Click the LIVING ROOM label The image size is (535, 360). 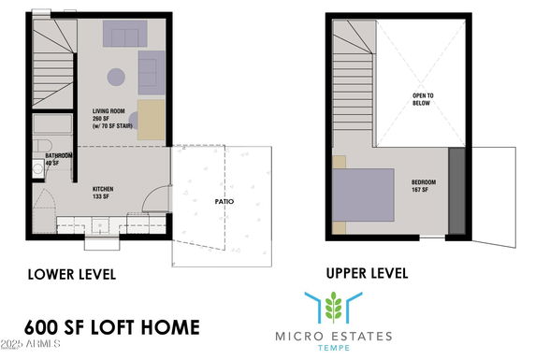108,111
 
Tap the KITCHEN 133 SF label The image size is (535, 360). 103,193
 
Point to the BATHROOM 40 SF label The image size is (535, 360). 59,159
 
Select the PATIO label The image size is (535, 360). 224,202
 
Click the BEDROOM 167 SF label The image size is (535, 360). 424,186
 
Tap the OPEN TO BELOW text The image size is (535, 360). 423,99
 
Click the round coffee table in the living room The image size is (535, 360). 116,77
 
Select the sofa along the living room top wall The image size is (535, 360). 125,34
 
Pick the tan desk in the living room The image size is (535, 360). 152,120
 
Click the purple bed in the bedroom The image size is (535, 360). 363,194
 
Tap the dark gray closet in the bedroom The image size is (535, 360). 456,191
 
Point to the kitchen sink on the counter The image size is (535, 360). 100,226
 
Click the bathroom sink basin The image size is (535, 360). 37,168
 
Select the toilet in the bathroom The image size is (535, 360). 42,146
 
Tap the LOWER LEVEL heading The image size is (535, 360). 72,275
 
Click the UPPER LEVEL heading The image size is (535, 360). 368,273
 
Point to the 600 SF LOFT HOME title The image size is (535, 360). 112,327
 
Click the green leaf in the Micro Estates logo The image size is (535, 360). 333,307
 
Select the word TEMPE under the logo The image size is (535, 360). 334,348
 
